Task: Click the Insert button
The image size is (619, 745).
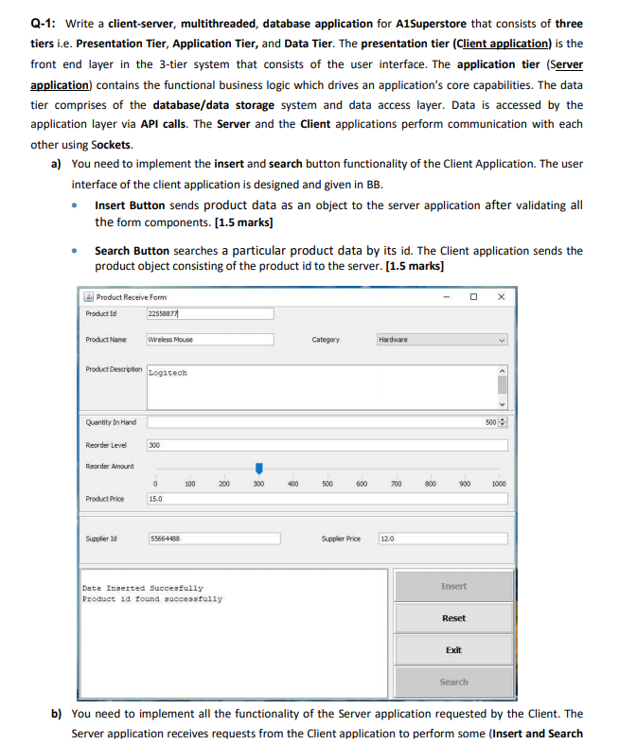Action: coord(453,586)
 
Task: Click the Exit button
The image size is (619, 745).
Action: coord(453,649)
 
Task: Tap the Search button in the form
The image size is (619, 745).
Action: coord(453,682)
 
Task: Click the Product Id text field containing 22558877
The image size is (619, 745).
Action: coord(209,313)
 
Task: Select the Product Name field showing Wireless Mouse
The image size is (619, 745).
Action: coord(209,339)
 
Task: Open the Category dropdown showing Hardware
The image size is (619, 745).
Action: coord(443,339)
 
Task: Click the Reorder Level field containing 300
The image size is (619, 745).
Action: coord(327,444)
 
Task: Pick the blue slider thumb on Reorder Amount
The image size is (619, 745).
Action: coord(258,468)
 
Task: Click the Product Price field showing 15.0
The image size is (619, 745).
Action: coord(327,498)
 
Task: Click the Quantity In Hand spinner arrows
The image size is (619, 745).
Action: coord(504,421)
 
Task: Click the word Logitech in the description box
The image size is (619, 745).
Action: coord(168,373)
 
